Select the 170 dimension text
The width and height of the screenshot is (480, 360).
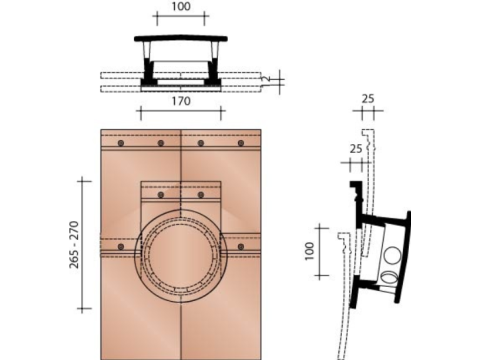tap(181, 100)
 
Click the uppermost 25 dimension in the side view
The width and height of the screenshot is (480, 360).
tap(370, 99)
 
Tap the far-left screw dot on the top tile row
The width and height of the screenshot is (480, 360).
tap(120, 144)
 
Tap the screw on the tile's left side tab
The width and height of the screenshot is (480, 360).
tap(121, 245)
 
